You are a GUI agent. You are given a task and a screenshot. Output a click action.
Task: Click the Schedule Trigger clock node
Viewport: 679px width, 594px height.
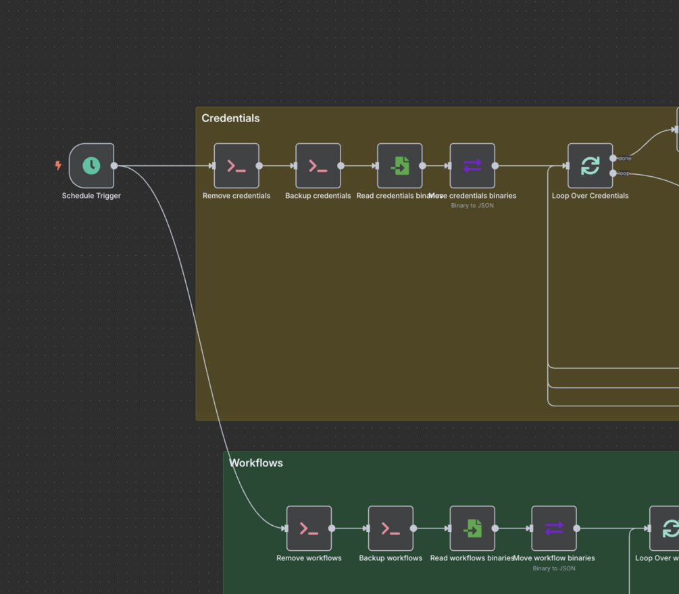tap(91, 165)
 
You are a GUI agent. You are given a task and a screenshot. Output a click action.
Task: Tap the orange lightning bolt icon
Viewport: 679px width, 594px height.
tap(58, 165)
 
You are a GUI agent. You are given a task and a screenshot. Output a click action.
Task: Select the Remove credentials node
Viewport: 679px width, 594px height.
tap(236, 165)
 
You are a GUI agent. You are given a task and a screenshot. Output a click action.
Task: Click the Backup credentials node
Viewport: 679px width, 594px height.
tap(318, 165)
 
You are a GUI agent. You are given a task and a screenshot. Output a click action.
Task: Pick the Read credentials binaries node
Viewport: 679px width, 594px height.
tap(400, 165)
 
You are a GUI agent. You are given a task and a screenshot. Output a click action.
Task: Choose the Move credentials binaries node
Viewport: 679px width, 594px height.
tap(472, 165)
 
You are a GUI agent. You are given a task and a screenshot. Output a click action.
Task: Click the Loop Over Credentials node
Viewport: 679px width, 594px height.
tap(590, 165)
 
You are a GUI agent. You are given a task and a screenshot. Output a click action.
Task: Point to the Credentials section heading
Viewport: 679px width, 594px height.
tap(230, 118)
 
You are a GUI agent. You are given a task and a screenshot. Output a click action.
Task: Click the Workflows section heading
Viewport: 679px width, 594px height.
tap(255, 463)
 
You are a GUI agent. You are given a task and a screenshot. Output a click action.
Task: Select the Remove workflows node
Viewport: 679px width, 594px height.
tap(309, 529)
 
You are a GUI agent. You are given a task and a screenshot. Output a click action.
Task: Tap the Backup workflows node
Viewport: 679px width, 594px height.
tap(391, 529)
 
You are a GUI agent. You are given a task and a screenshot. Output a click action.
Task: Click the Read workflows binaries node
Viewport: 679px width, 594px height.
tap(472, 529)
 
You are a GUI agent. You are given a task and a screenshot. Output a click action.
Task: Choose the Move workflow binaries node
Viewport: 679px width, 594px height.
tap(554, 529)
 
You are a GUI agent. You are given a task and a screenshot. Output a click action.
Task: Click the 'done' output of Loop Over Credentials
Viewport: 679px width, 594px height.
tap(613, 159)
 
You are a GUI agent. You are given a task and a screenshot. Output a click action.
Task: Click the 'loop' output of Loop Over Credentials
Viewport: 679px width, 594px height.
tap(613, 173)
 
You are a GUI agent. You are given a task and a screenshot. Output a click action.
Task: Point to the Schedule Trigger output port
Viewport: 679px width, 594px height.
tap(114, 165)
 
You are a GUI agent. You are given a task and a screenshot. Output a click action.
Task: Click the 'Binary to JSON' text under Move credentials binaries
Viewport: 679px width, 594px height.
tap(472, 205)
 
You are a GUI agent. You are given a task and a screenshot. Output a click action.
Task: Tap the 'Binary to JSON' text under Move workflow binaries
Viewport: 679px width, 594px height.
tap(554, 568)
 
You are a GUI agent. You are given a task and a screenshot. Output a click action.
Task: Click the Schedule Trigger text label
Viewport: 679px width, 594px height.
tap(91, 196)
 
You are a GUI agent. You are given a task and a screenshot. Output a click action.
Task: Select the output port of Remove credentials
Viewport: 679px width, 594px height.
tap(259, 165)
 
